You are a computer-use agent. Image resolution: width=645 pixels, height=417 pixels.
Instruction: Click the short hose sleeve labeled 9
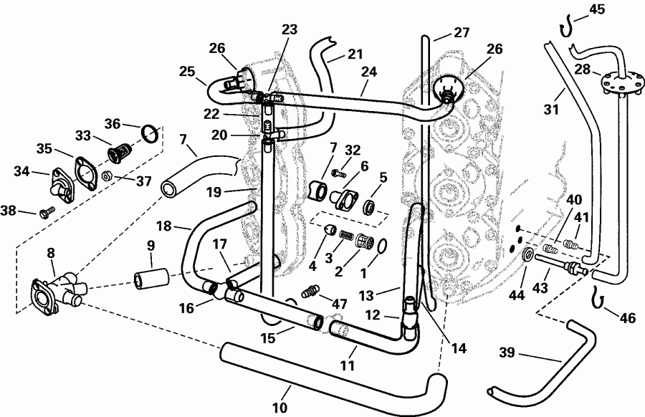151,276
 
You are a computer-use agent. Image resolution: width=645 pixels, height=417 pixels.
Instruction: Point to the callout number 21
355,54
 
